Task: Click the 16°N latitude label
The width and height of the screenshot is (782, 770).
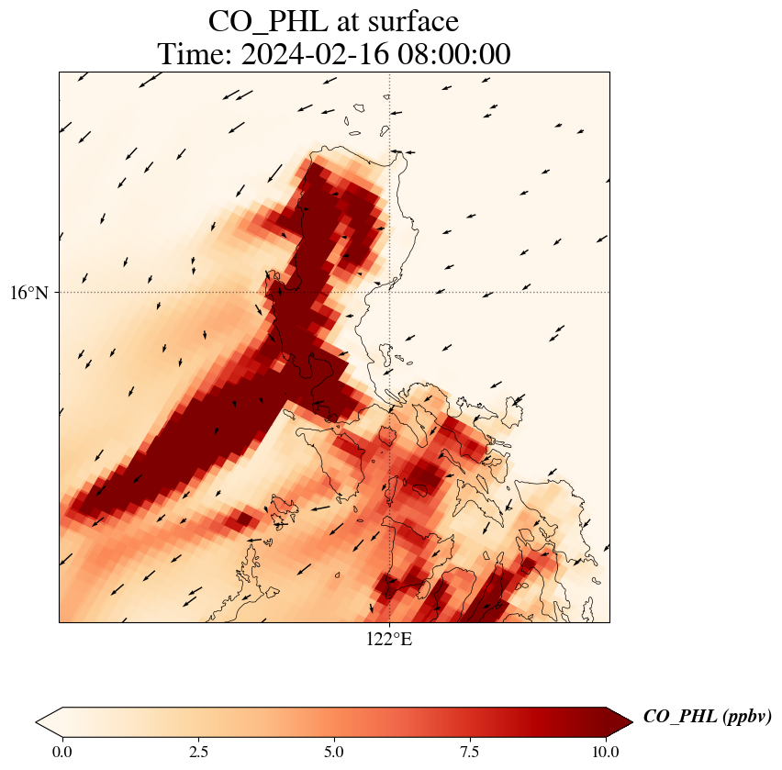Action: (x=34, y=293)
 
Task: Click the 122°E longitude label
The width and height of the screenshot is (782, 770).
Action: (x=389, y=640)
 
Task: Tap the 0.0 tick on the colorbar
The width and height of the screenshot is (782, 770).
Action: (x=62, y=752)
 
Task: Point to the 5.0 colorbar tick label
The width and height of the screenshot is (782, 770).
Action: (x=334, y=752)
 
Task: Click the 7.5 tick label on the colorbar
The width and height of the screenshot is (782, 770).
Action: (x=470, y=752)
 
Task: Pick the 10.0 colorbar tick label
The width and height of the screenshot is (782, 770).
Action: (x=606, y=752)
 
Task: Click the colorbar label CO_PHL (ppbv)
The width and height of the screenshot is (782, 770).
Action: (x=707, y=717)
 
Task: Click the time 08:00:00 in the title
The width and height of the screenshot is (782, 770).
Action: (x=451, y=55)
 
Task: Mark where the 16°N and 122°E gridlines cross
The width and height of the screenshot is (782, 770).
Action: (x=390, y=293)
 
